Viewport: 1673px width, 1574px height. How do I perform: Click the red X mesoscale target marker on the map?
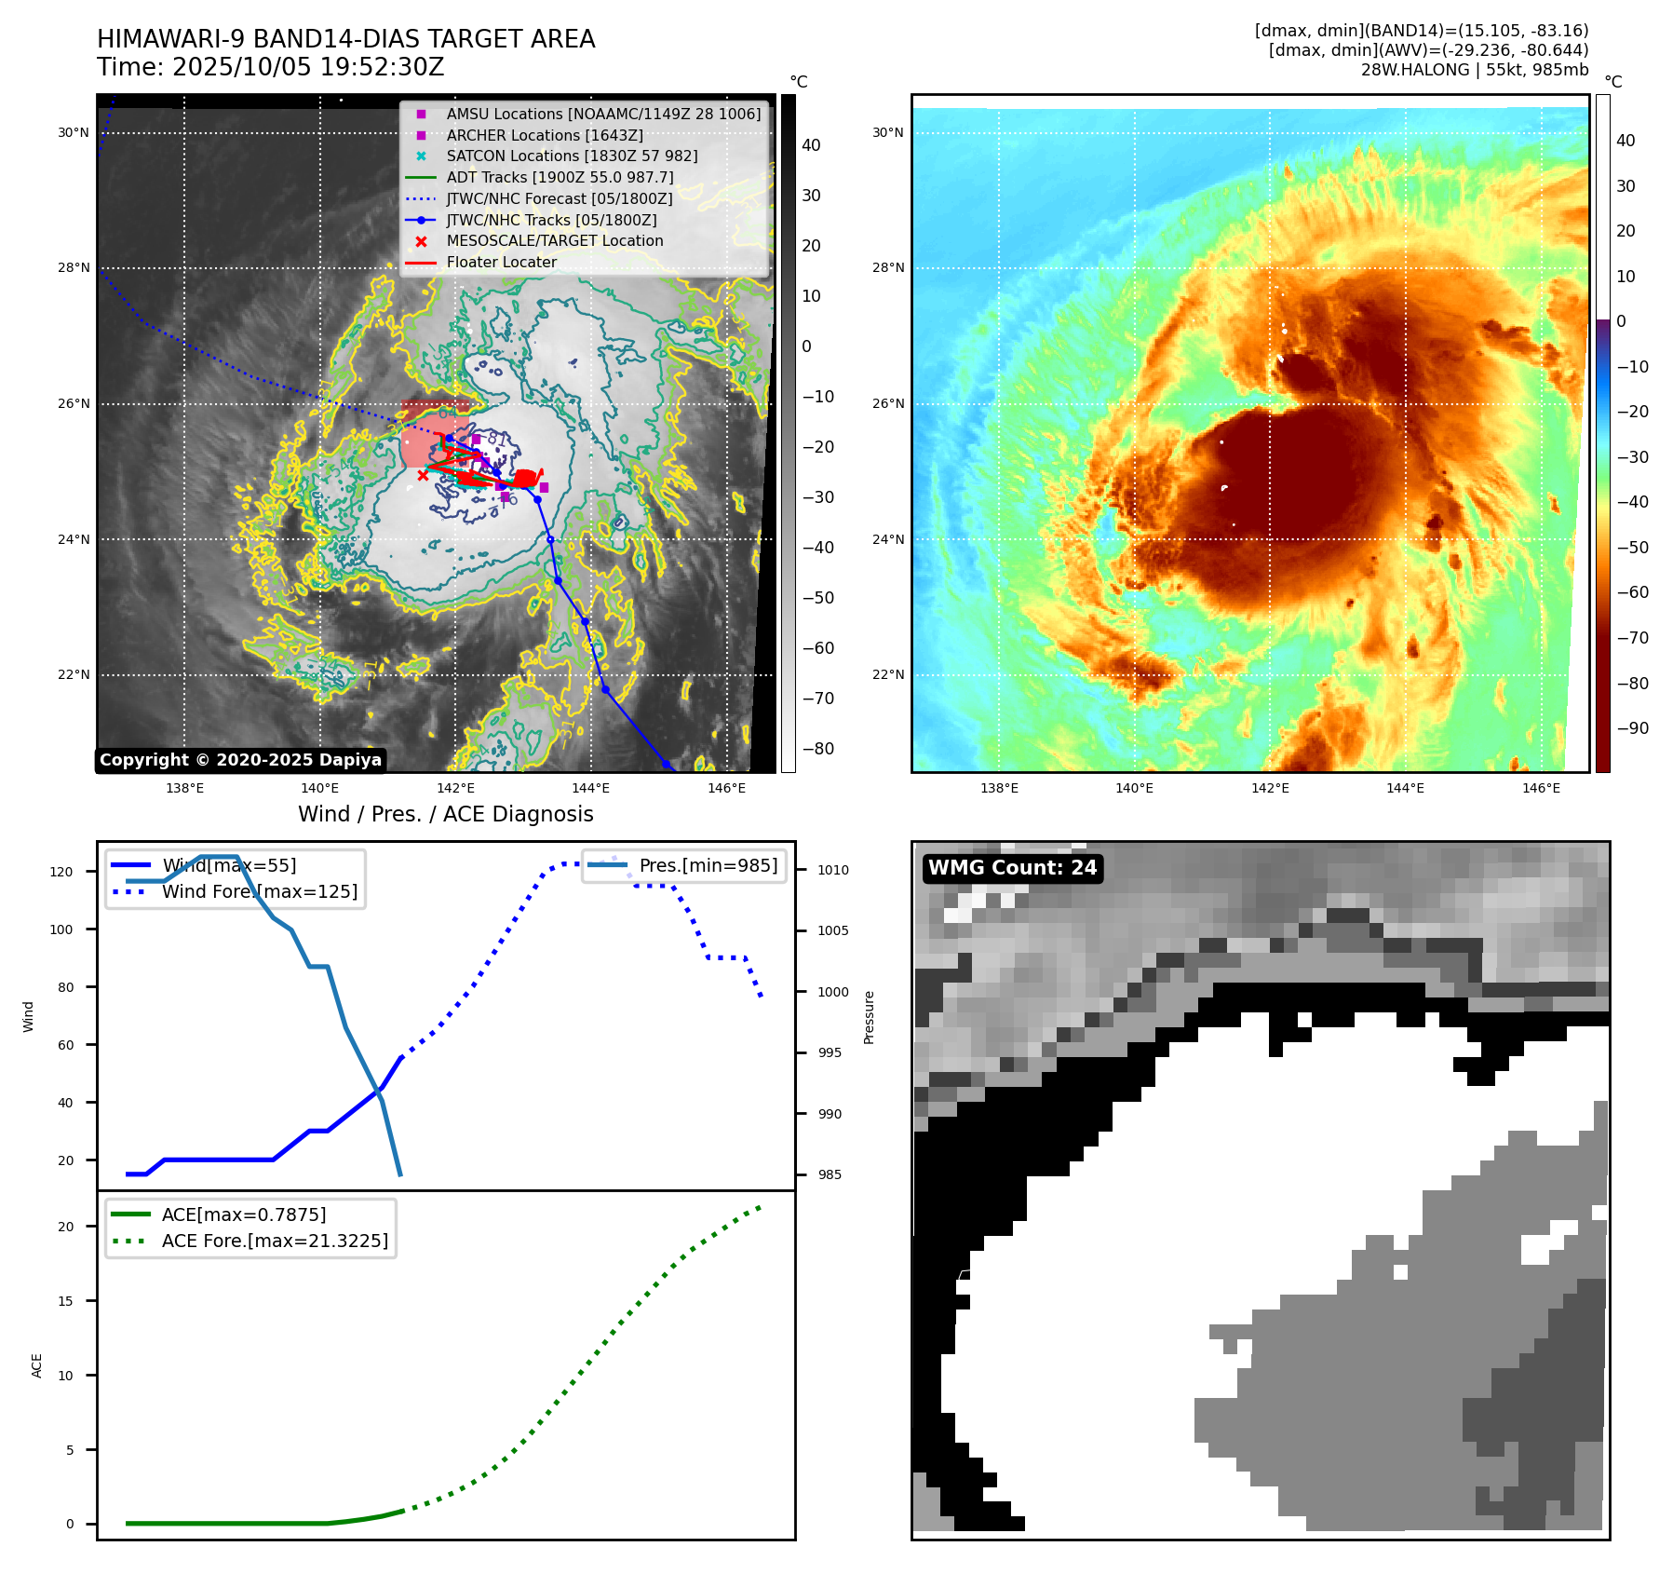coord(423,475)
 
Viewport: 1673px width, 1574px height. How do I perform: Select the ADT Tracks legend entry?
coord(560,177)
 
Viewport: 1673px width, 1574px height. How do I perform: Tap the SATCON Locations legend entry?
coord(572,156)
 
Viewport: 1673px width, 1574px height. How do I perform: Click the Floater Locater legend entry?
coord(501,262)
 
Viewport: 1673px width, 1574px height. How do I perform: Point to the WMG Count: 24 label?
coord(1013,868)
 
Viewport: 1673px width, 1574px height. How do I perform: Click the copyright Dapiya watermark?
coord(240,760)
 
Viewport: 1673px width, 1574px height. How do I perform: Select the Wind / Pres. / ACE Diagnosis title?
coord(445,814)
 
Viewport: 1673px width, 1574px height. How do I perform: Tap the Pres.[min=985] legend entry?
coord(708,865)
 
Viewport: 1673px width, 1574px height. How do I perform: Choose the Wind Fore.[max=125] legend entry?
coord(259,891)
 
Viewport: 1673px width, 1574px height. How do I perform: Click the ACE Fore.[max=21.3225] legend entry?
coord(275,1241)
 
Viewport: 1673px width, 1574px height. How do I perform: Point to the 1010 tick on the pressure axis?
coord(833,870)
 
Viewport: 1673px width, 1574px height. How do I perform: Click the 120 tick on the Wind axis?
coord(61,872)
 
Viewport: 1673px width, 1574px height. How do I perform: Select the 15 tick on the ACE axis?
coord(65,1301)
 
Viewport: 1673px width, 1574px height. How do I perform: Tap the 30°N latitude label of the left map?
coord(74,132)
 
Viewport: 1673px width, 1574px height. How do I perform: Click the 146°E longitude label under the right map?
coord(1541,788)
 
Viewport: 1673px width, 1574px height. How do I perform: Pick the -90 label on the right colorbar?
coord(1632,728)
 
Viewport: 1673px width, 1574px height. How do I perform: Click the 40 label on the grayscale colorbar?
coord(811,145)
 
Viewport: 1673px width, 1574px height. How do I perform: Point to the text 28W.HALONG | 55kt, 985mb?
coord(1474,70)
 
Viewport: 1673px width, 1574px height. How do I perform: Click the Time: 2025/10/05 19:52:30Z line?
coord(270,67)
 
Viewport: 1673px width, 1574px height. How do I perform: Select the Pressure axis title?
coord(870,1017)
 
